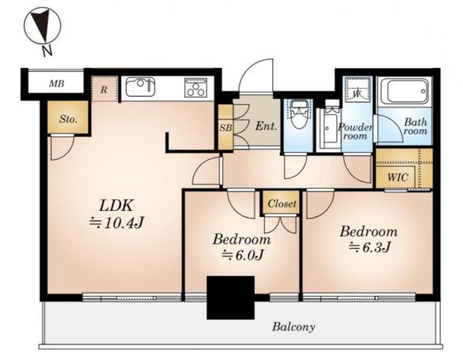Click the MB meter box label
[x=56, y=84]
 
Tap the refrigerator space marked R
[x=104, y=89]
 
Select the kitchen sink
[x=140, y=87]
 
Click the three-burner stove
[x=195, y=87]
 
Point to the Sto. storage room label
[x=68, y=119]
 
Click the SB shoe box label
[x=225, y=128]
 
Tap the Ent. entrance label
[x=266, y=127]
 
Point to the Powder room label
[x=355, y=132]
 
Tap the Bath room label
[x=415, y=126]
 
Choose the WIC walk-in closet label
[x=398, y=177]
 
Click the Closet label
[x=282, y=203]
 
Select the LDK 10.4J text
[x=117, y=214]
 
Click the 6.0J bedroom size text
[x=242, y=254]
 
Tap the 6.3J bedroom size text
[x=370, y=247]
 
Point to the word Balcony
[x=293, y=327]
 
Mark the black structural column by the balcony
[x=230, y=298]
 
